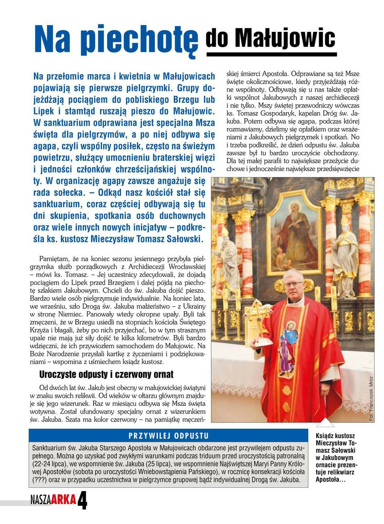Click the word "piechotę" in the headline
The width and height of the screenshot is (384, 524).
pyautogui.click(x=140, y=40)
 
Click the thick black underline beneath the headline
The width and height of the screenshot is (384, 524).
pyautogui.click(x=271, y=54)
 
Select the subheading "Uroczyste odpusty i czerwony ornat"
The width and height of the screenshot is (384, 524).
pyautogui.click(x=106, y=374)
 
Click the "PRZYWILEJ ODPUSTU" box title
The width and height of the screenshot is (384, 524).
pyautogui.click(x=168, y=436)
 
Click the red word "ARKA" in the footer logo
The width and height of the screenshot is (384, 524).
pyautogui.click(x=63, y=500)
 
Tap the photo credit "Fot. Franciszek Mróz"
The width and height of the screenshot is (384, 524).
pyautogui.click(x=371, y=399)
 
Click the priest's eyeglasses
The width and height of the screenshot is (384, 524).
pyautogui.click(x=294, y=285)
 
